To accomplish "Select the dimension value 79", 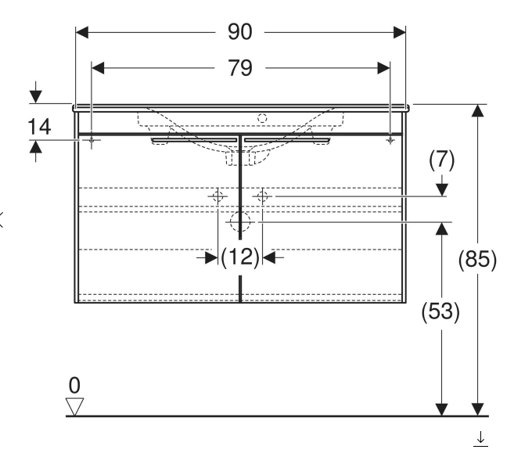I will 241,68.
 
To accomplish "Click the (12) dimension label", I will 239,257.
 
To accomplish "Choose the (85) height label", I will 477,260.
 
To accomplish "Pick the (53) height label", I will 442,311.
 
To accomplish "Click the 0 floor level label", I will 74,385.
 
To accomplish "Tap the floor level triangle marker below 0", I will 75,404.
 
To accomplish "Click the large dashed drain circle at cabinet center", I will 240,223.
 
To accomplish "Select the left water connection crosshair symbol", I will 217,196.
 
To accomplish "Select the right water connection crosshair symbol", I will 263,196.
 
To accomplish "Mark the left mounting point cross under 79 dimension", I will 92,141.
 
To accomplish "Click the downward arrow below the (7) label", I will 442,189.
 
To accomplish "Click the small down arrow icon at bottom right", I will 481,440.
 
